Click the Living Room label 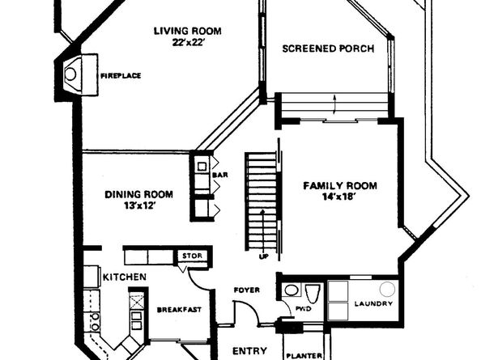pos(187,32)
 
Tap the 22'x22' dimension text pos(188,43)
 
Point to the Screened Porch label pos(328,49)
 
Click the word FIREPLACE pos(121,76)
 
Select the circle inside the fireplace pos(70,74)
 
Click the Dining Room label pos(138,194)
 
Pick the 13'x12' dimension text pos(138,205)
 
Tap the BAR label pos(220,175)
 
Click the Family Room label pos(340,186)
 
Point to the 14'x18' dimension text pos(339,197)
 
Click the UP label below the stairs pos(263,256)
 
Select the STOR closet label pos(193,256)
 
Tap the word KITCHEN pos(124,277)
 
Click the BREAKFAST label pos(179,310)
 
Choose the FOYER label pos(247,290)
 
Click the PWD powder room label pos(304,309)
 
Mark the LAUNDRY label pos(373,303)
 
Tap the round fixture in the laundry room pos(387,289)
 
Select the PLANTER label pos(304,356)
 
